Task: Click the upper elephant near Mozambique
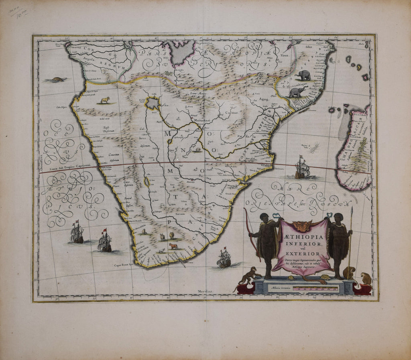point(303,75)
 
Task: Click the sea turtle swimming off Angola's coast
point(59,79)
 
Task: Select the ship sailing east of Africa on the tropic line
point(302,169)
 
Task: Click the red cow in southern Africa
point(173,246)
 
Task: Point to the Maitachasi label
point(203,120)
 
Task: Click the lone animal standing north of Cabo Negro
point(105,100)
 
